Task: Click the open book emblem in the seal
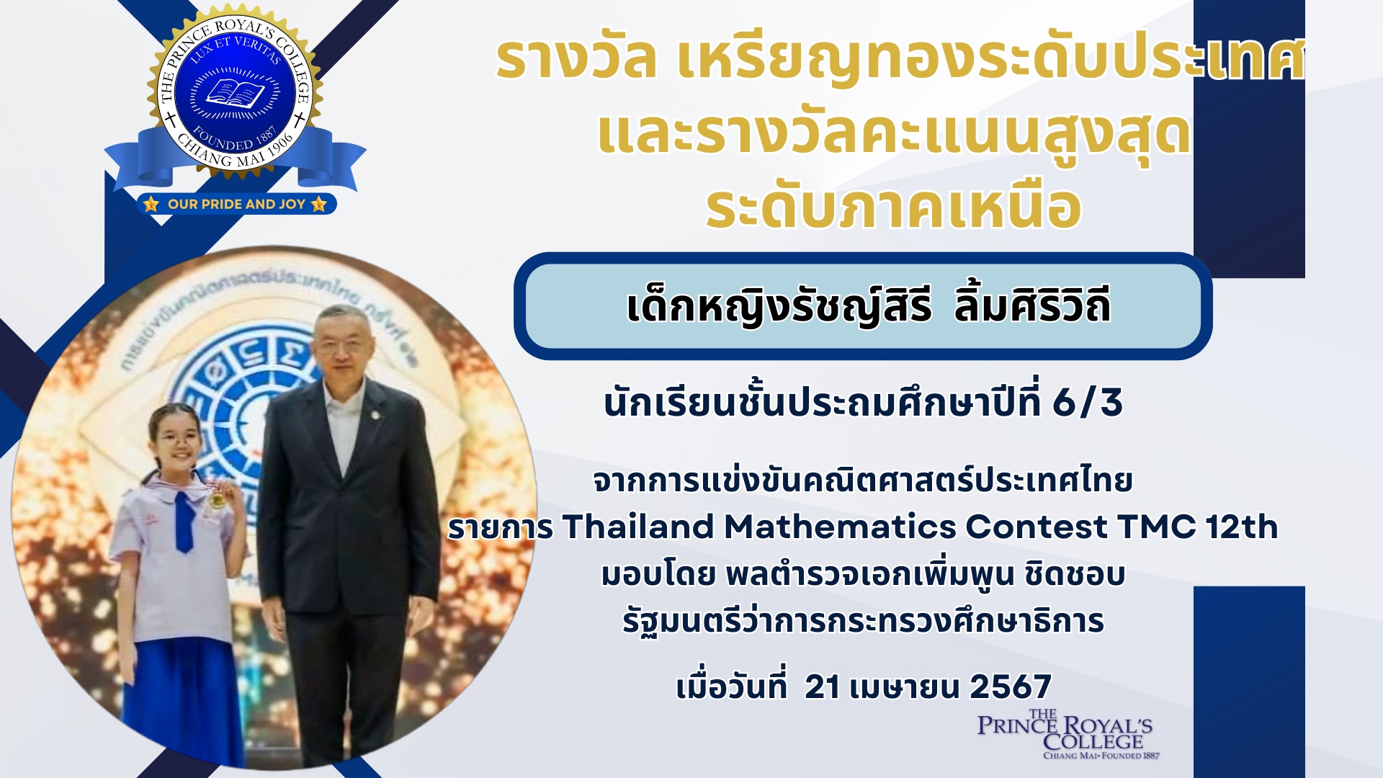pos(235,93)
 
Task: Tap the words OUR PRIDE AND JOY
pos(236,205)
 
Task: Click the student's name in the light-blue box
pos(868,306)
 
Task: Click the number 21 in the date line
pos(822,687)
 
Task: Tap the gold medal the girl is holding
pos(215,498)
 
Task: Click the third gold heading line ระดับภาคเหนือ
pos(893,207)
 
